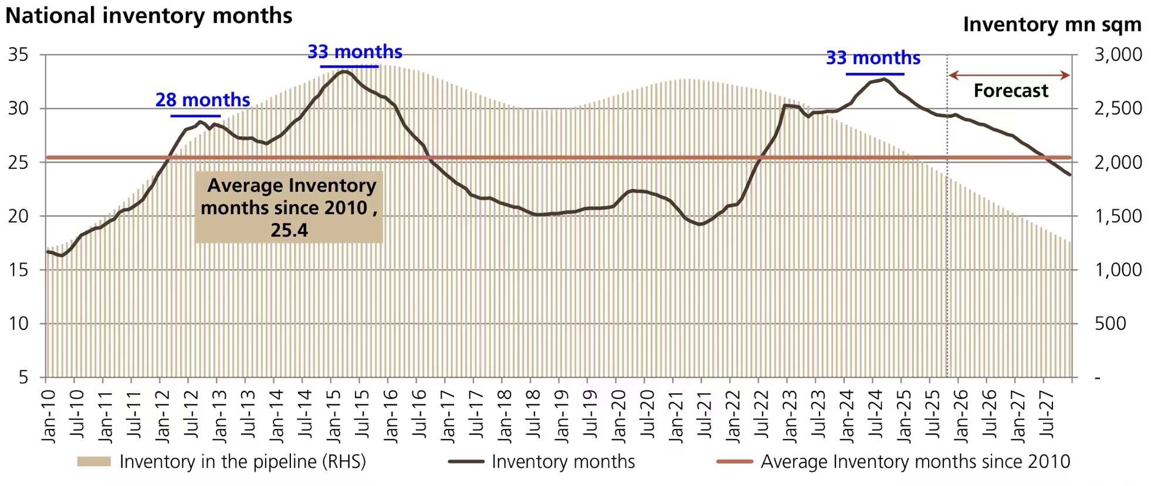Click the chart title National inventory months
tap(148, 16)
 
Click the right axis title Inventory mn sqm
tap(1052, 25)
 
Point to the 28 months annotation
tap(202, 100)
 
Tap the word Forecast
tap(1010, 91)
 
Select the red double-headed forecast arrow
tap(1009, 75)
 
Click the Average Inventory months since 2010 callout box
tap(289, 207)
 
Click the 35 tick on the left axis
tap(18, 55)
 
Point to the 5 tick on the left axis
tap(23, 377)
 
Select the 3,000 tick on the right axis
tap(1118, 55)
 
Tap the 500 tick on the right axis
tap(1110, 323)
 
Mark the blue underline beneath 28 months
tap(195, 116)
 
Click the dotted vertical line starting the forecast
tap(947, 235)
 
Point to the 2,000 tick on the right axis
tap(1118, 162)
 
